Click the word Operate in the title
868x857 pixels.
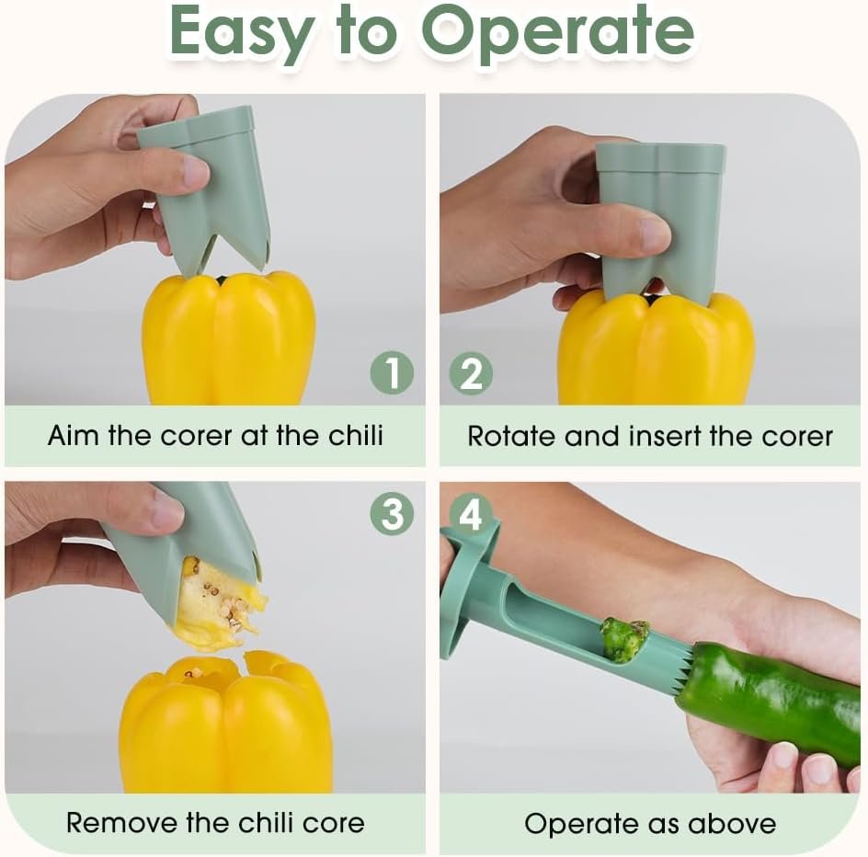[557, 33]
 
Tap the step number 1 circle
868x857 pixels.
[392, 372]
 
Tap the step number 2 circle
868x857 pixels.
[471, 373]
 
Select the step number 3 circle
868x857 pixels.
[392, 513]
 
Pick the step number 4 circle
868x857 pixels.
[471, 515]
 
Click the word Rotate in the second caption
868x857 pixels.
[512, 436]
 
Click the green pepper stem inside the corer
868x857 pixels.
[625, 639]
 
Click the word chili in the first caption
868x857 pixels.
[356, 435]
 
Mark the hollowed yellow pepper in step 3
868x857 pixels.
[226, 723]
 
